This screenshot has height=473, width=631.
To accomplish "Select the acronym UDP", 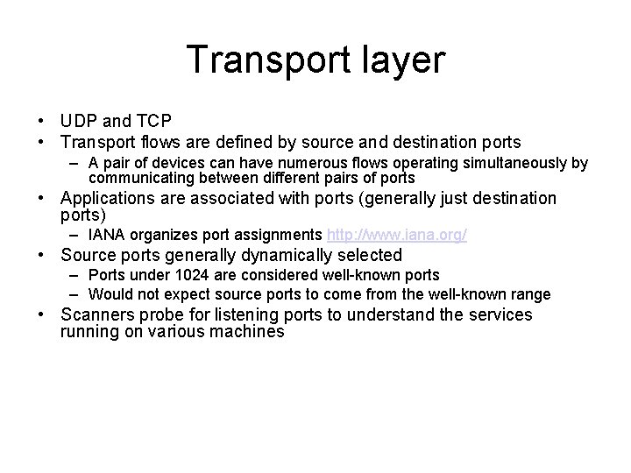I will click(78, 121).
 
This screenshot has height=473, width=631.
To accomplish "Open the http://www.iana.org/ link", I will click(396, 236).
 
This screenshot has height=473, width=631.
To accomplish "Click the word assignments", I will click(277, 236).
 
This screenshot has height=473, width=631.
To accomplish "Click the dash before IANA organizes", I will click(77, 236).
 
